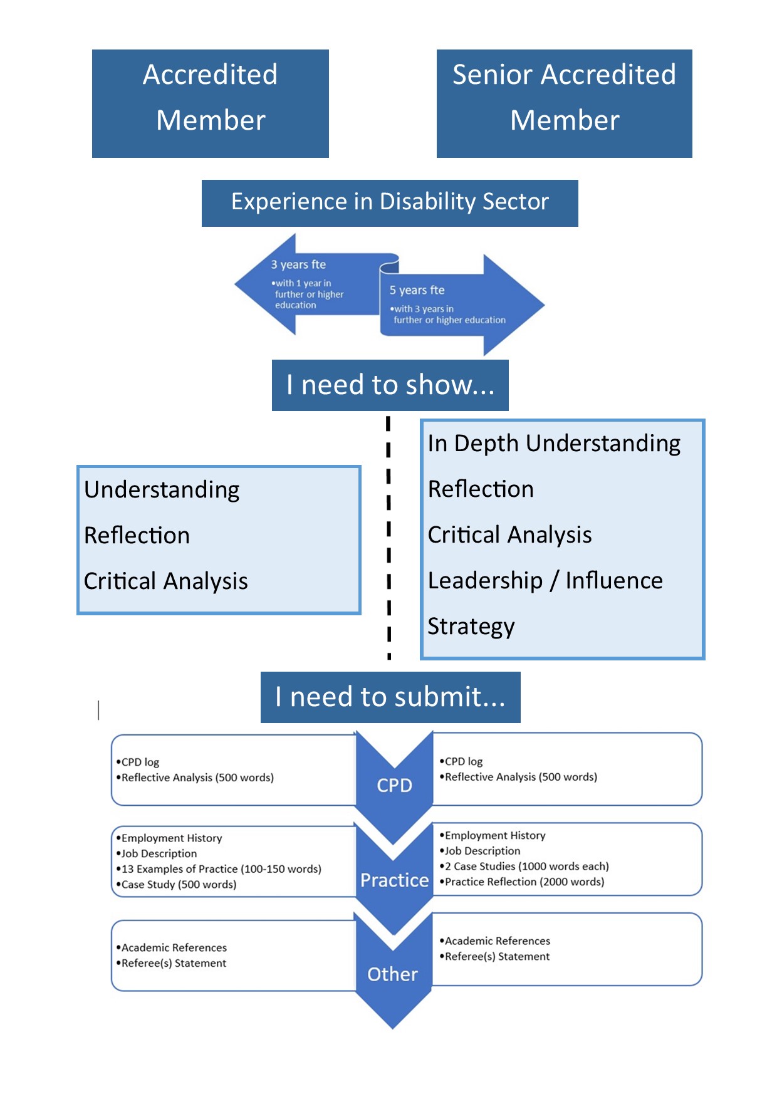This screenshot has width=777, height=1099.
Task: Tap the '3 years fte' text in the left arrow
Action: pyautogui.click(x=298, y=264)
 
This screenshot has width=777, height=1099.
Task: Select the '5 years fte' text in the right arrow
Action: pyautogui.click(x=417, y=290)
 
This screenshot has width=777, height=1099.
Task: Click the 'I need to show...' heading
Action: pyautogui.click(x=390, y=385)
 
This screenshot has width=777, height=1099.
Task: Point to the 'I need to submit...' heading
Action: pyautogui.click(x=390, y=697)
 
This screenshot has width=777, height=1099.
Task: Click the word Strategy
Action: pyautogui.click(x=471, y=627)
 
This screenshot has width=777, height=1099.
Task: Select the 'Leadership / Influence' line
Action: pyautogui.click(x=545, y=581)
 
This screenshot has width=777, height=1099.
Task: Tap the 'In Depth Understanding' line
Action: pyautogui.click(x=554, y=444)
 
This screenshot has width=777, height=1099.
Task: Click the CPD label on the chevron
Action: pyautogui.click(x=394, y=786)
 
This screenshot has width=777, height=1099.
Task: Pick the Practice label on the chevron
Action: pyautogui.click(x=394, y=880)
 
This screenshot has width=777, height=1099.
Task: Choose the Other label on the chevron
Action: pyautogui.click(x=392, y=974)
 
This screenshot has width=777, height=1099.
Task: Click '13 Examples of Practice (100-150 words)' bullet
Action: pyautogui.click(x=219, y=869)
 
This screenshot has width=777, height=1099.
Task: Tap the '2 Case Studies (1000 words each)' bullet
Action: pyautogui.click(x=524, y=867)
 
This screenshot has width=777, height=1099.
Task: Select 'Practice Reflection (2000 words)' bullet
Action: pyautogui.click(x=522, y=882)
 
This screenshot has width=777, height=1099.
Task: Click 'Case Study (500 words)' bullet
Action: pyautogui.click(x=176, y=885)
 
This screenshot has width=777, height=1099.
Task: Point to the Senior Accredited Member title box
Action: pyautogui.click(x=565, y=103)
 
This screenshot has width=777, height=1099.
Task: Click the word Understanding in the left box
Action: pyautogui.click(x=162, y=490)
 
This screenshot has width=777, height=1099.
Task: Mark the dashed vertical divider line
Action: pyautogui.click(x=388, y=538)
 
